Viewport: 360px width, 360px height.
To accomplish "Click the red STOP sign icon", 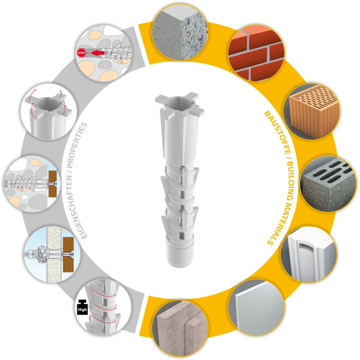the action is click(x=81, y=53).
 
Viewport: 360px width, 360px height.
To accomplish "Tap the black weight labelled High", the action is click(x=82, y=307).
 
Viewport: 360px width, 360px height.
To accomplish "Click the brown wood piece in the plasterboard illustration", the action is click(x=68, y=255).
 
